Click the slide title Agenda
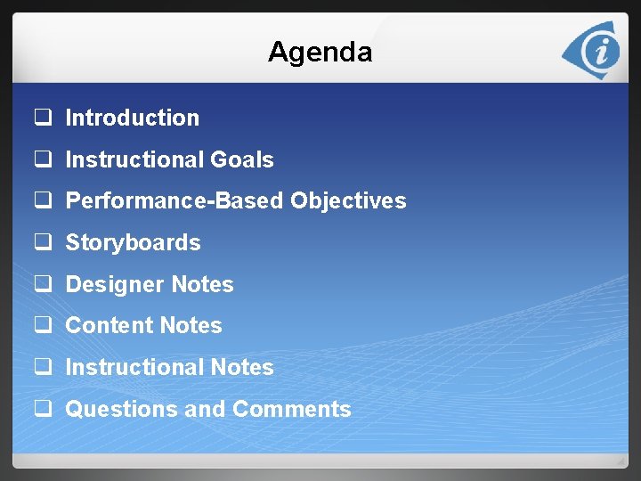pos(320,52)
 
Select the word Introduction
pos(132,118)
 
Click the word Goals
pos(241,159)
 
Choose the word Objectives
pos(348,201)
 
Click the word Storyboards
pos(133,242)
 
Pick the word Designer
pos(115,284)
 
